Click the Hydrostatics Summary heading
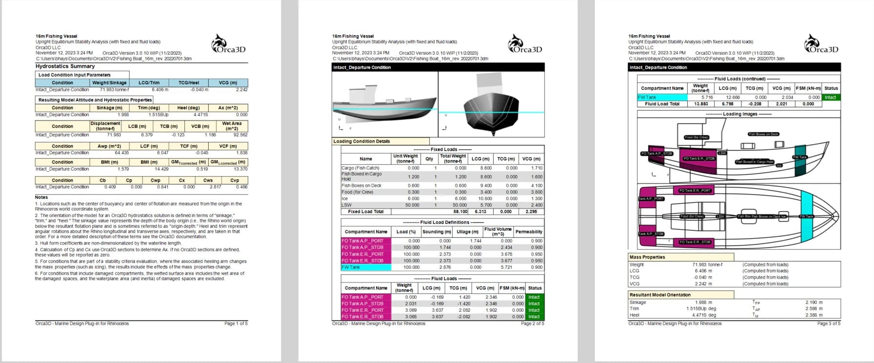tap(65, 66)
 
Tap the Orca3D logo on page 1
tap(228, 44)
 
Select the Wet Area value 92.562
tap(239, 135)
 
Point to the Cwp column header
tap(156, 180)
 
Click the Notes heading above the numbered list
tap(41, 197)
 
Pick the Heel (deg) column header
tap(188, 108)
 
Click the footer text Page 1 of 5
tap(236, 323)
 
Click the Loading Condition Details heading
tap(361, 141)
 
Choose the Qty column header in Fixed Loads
tap(429, 159)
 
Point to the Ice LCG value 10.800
tap(485, 199)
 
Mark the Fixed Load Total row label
tap(365, 212)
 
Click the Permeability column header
tap(529, 232)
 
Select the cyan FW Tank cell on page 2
tap(366, 267)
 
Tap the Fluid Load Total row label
tap(662, 104)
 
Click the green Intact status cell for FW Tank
tap(830, 98)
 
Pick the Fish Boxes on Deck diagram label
tap(763, 134)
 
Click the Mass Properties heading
tap(647, 257)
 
